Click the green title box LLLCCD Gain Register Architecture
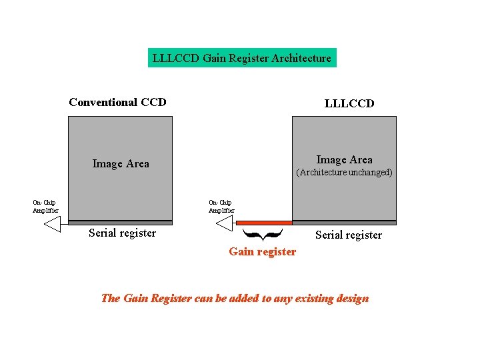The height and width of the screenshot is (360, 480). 241,58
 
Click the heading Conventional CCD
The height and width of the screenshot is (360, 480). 117,102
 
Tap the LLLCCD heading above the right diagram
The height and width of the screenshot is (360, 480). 349,103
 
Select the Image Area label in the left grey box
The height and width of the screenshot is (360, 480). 121,163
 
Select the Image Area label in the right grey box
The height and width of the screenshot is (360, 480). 344,159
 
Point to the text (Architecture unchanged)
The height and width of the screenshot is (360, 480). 344,172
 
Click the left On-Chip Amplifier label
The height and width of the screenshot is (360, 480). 45,207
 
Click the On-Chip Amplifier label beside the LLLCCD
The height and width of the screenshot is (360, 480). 221,207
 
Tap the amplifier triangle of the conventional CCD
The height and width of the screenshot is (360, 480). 53,225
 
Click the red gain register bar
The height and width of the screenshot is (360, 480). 264,223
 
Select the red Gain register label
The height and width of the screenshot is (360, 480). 262,251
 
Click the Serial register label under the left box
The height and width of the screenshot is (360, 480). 122,233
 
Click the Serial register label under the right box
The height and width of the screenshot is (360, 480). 348,235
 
